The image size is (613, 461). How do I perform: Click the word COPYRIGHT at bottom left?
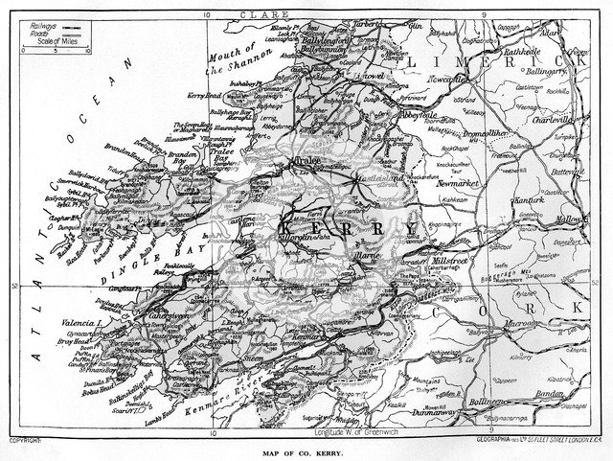click(27, 441)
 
